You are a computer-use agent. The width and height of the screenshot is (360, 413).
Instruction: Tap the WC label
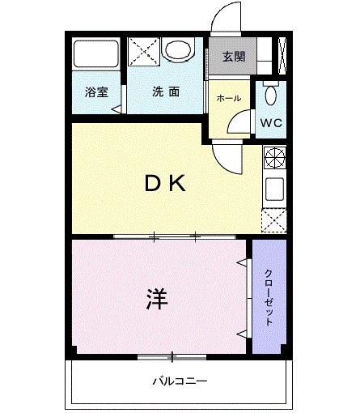[x=271, y=124]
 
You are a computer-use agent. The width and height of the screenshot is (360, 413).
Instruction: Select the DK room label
[x=166, y=185]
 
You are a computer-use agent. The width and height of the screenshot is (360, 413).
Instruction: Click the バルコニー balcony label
[x=180, y=380]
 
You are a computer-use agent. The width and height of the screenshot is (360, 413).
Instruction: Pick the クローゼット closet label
[x=269, y=296]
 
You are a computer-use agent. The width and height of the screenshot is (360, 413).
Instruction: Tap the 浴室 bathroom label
[x=95, y=92]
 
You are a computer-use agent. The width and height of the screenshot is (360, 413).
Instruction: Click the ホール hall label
[x=228, y=98]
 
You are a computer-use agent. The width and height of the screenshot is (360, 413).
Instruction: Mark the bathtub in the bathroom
[x=96, y=54]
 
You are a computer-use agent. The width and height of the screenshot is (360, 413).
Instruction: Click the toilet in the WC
[x=271, y=94]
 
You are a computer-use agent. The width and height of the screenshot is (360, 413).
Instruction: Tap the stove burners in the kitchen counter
[x=273, y=157]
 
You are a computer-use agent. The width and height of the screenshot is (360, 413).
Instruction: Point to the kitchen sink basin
[x=273, y=190]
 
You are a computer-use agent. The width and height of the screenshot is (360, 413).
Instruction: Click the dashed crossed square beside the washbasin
[x=142, y=52]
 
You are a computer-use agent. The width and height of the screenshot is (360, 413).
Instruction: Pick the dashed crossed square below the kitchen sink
[x=273, y=219]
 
